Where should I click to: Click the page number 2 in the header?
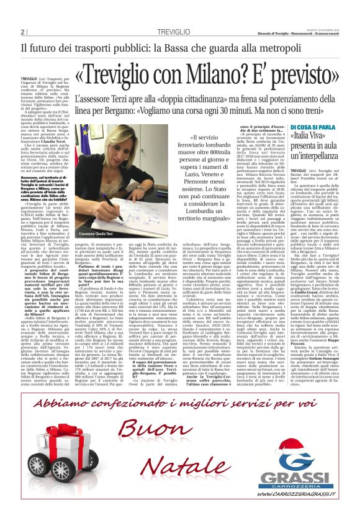click(22, 32)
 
